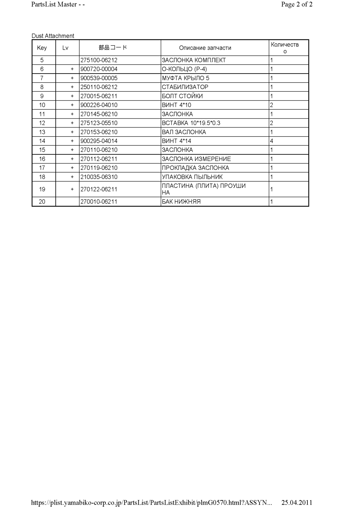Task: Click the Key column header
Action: (42, 48)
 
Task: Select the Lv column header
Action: (65, 48)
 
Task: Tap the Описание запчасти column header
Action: (205, 48)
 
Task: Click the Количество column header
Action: (285, 48)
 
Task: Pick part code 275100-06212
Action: (99, 60)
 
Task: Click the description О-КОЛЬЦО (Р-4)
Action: (184, 69)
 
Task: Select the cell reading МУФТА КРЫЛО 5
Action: (185, 78)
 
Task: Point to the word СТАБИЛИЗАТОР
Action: (185, 87)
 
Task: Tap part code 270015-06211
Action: (99, 96)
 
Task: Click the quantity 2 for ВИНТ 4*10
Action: (272, 105)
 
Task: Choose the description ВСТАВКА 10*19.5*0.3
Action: (191, 123)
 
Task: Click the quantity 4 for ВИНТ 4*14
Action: (272, 141)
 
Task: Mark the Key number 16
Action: (42, 159)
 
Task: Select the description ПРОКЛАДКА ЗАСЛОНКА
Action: (195, 168)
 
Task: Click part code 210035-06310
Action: (99, 177)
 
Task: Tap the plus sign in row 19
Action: (72, 189)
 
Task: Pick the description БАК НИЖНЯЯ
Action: (181, 202)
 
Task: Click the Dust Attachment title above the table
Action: (53, 36)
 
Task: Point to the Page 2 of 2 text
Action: (297, 4)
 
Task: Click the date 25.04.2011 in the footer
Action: (297, 503)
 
